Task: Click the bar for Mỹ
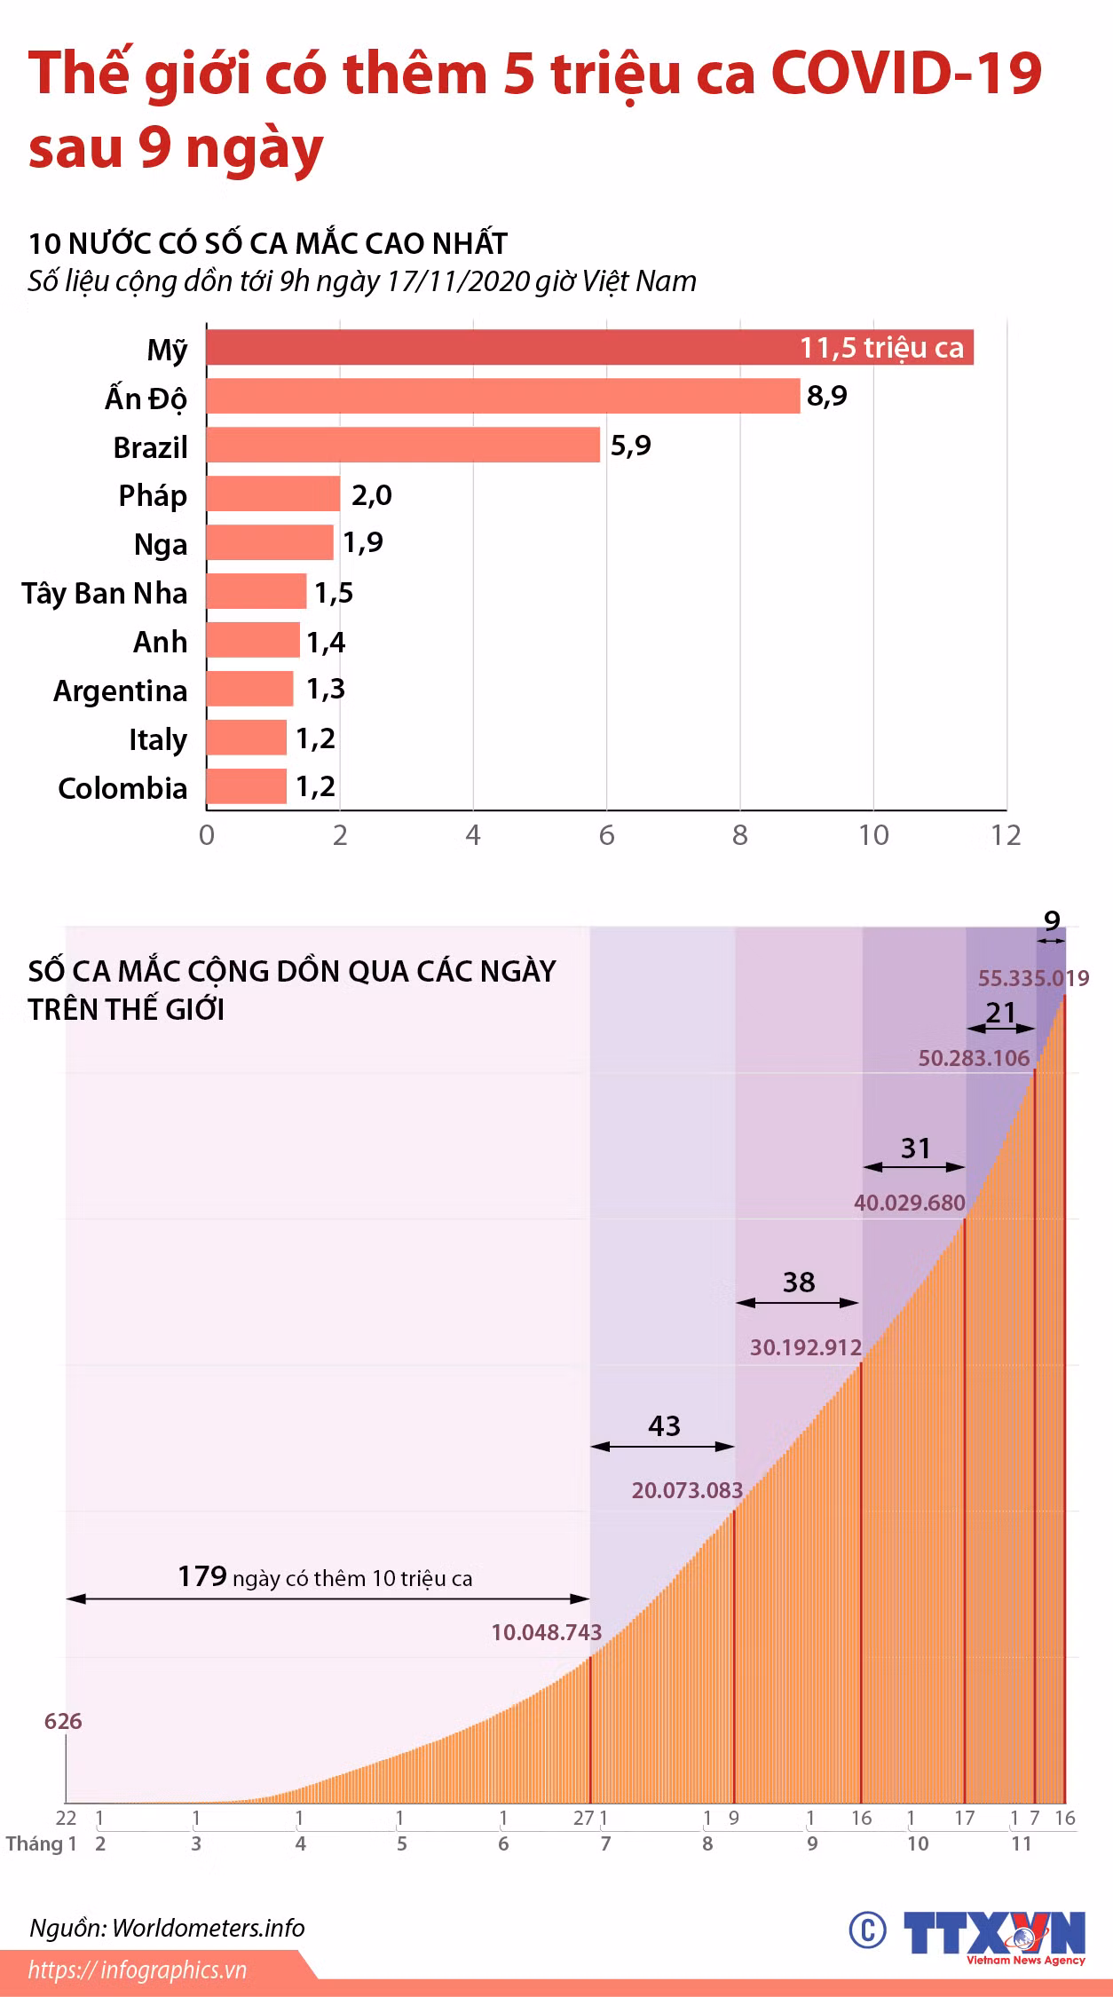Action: coord(590,347)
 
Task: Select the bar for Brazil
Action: coord(404,445)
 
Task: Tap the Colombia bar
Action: coord(247,786)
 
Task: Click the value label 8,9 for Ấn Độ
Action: coord(827,396)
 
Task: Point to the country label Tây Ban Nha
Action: coord(105,593)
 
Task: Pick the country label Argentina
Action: coord(121,691)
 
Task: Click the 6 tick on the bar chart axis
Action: coord(607,835)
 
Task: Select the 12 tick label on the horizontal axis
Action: coord(1006,835)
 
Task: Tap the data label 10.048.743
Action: coord(547,1632)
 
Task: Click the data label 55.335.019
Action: coord(1034,978)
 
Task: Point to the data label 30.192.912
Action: coord(806,1347)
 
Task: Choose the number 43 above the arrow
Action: coord(664,1425)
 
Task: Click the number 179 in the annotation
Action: coord(202,1576)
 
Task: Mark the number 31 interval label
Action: coord(915,1148)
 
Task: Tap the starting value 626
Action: coord(63,1721)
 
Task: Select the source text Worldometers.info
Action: coord(209,1928)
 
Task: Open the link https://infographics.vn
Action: coord(138,1970)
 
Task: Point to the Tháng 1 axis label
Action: coord(42,1843)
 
